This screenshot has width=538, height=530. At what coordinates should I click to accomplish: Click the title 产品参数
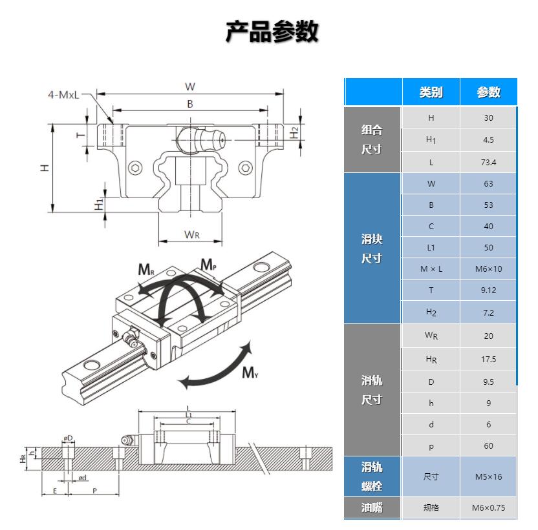coord(272,31)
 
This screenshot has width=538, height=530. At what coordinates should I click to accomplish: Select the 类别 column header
coord(431,92)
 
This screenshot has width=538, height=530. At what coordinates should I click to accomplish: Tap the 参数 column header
coord(488,92)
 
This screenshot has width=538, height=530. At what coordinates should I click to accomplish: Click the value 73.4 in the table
coord(488,162)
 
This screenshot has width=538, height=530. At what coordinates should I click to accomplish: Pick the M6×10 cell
coord(488,269)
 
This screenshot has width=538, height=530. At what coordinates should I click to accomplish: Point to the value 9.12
coord(488,290)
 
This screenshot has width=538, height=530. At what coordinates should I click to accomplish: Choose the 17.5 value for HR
coord(488,359)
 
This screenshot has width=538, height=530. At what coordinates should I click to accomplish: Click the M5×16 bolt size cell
coord(488,477)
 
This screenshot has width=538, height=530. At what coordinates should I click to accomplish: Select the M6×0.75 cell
coord(488,507)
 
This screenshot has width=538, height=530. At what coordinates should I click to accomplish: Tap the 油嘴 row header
coord(372,507)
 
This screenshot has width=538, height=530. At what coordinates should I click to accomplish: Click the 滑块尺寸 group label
coord(372,249)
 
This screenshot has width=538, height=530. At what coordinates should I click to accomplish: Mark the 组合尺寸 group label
coord(372,139)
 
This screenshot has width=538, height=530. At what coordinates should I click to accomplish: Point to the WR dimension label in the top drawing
coord(191,234)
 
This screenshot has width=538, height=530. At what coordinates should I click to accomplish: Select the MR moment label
coord(146,269)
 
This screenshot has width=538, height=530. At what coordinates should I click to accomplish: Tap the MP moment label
coord(208,264)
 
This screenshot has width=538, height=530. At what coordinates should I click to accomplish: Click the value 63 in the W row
coord(488,183)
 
